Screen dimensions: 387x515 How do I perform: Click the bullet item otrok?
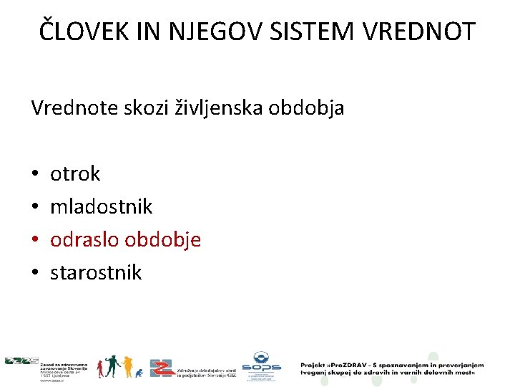pyautogui.click(x=75, y=173)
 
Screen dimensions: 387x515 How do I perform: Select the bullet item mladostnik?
pyautogui.click(x=101, y=206)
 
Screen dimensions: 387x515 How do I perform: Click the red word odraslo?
pyautogui.click(x=85, y=239)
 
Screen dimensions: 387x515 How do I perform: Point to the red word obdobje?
pyautogui.click(x=163, y=240)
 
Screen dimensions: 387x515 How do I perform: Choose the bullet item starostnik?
pyautogui.click(x=96, y=272)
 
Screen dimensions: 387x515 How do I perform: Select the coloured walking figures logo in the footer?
pyautogui.click(x=119, y=366)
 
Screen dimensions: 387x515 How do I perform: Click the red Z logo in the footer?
pyautogui.click(x=162, y=368)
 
